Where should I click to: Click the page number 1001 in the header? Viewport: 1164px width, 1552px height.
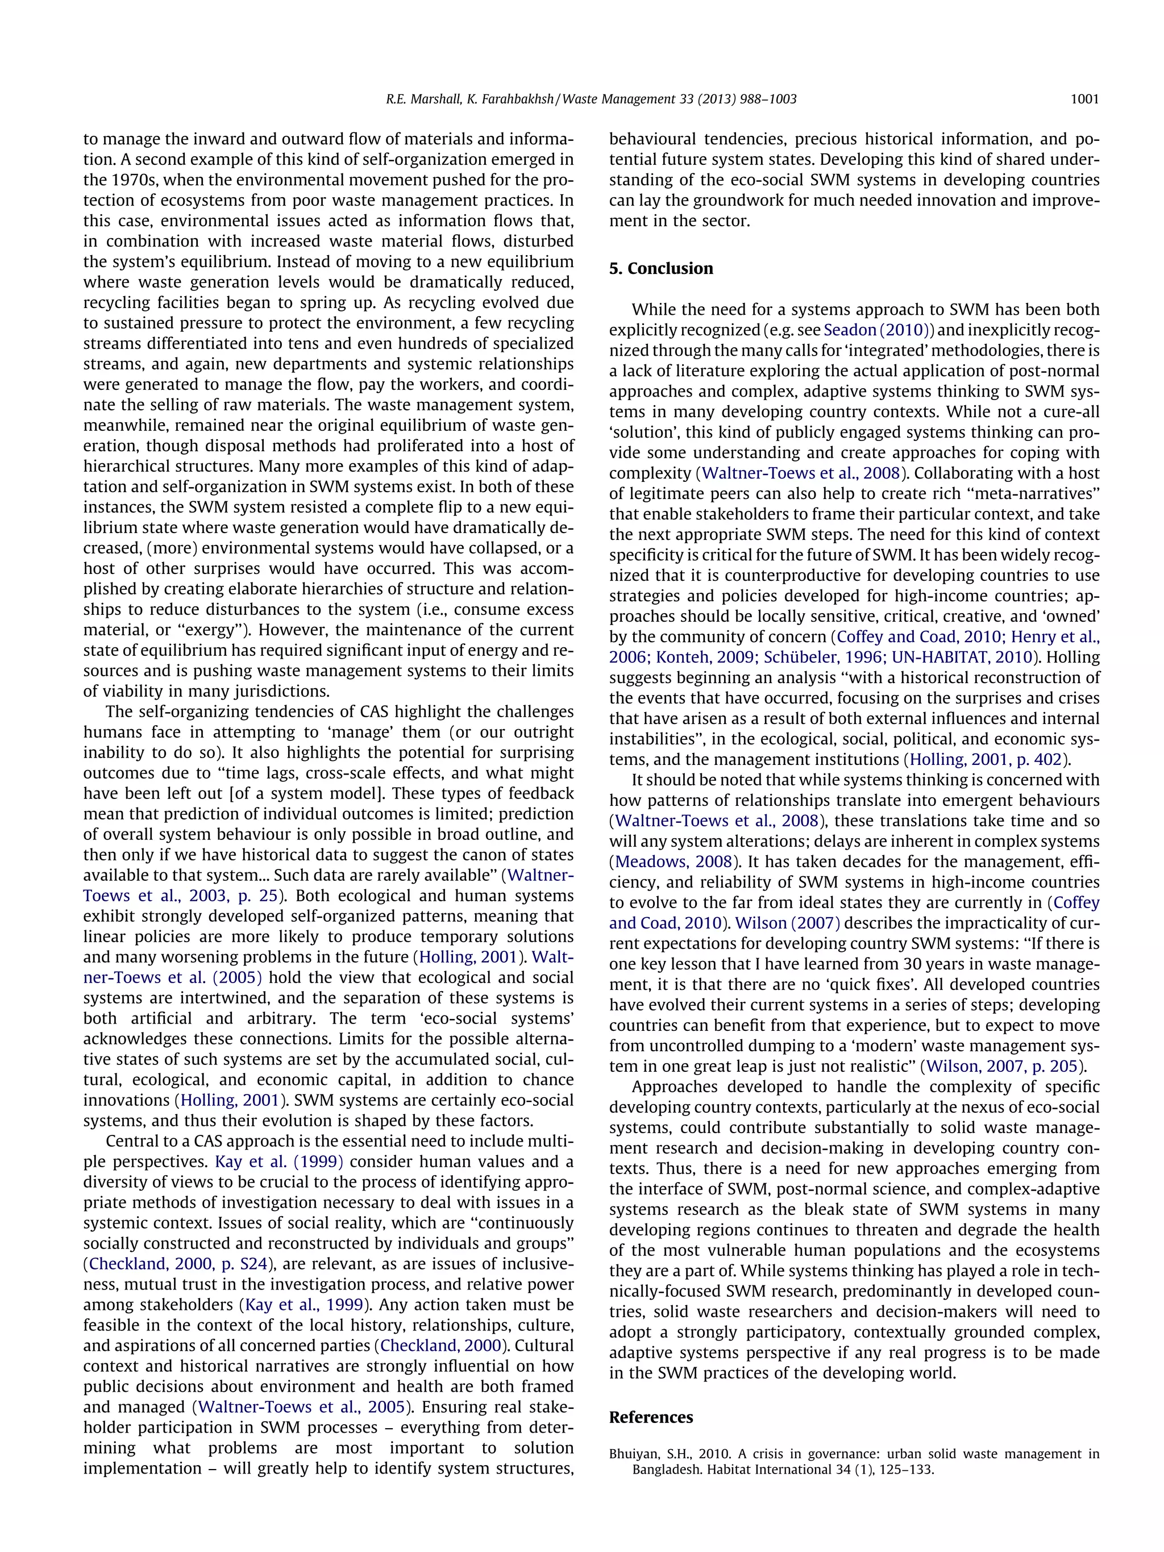(x=1085, y=99)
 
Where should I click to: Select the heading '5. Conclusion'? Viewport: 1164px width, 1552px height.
(x=661, y=269)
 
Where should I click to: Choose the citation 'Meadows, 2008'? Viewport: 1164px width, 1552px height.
(x=674, y=862)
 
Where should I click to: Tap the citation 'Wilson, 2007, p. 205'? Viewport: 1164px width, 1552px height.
(x=1002, y=1067)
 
